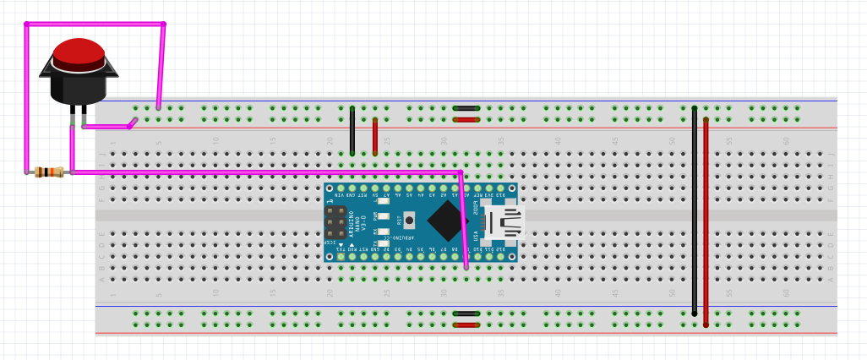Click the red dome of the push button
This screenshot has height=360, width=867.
(x=79, y=52)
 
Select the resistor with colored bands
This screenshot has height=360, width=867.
(x=50, y=172)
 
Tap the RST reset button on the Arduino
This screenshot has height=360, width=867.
(x=409, y=221)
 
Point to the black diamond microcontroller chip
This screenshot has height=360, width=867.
(x=448, y=221)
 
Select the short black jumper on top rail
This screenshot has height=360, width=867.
(x=466, y=108)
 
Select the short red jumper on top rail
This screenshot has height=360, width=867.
(x=466, y=120)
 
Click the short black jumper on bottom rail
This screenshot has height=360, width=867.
(x=466, y=314)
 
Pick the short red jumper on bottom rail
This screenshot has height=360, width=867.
(x=466, y=325)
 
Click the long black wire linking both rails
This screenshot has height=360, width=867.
(x=695, y=211)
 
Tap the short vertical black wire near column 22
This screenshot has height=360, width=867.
(x=352, y=131)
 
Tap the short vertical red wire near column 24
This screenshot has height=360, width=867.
(x=375, y=137)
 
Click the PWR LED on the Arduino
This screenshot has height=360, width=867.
(x=384, y=216)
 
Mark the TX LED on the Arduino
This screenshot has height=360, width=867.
(x=384, y=243)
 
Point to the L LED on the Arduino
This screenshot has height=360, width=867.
(x=384, y=201)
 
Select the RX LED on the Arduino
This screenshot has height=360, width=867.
(x=384, y=231)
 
